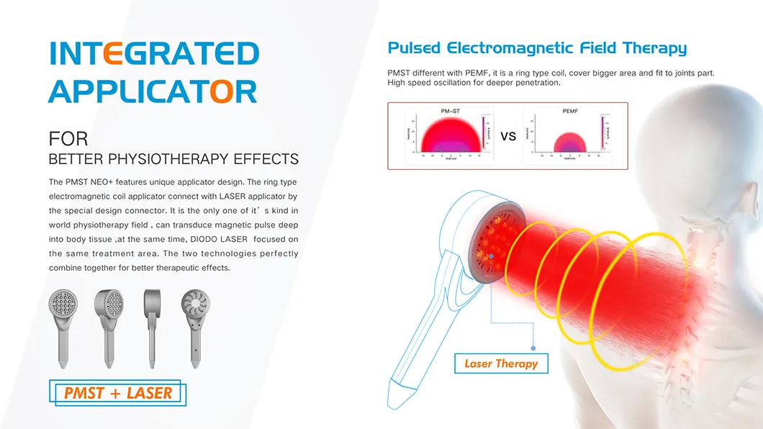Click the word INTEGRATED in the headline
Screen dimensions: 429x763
tap(154, 55)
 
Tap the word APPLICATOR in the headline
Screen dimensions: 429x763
tap(153, 91)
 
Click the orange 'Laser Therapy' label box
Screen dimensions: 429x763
tap(501, 363)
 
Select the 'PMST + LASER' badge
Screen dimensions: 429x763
tap(119, 393)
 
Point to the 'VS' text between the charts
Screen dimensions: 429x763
tap(507, 136)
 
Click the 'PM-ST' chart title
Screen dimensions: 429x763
tap(451, 111)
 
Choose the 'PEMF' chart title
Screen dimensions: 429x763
tap(569, 111)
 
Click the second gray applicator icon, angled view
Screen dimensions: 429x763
tap(109, 320)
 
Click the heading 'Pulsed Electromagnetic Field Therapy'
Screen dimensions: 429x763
tap(536, 48)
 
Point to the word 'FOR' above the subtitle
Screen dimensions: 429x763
tap(68, 138)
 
